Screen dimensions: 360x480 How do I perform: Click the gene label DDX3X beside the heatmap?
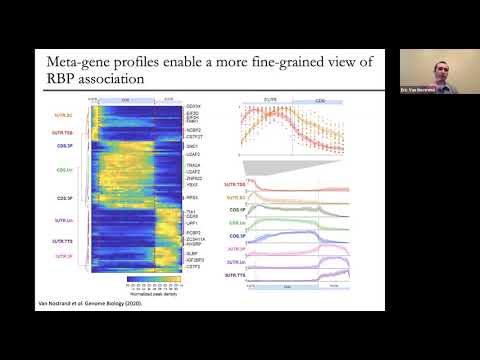194,105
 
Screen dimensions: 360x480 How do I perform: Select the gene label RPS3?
192,198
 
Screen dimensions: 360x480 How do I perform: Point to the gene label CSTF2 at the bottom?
193,266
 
